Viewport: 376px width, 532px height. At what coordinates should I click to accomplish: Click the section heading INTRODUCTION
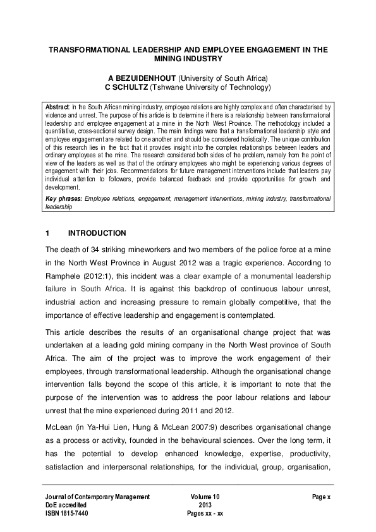coord(97,233)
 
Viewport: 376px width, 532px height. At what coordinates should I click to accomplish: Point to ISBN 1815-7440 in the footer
coord(67,514)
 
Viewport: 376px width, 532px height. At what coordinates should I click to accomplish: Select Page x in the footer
coord(321,497)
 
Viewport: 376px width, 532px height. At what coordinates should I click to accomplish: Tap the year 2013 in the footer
coord(204,505)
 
